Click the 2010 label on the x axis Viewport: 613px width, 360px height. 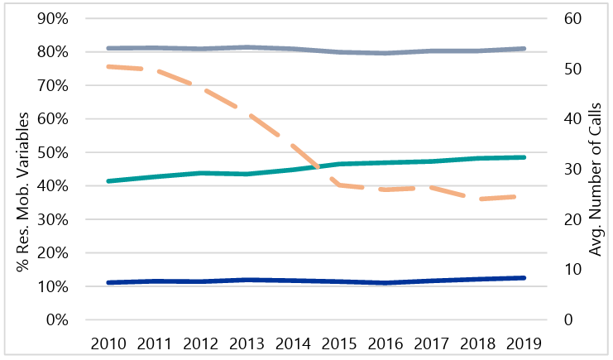click(x=108, y=343)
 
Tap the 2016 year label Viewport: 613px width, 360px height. click(x=386, y=343)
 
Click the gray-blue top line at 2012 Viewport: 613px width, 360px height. click(x=201, y=49)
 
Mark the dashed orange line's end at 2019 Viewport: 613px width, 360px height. click(x=524, y=196)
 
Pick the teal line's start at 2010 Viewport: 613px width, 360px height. click(x=108, y=180)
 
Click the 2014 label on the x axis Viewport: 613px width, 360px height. click(x=294, y=343)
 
